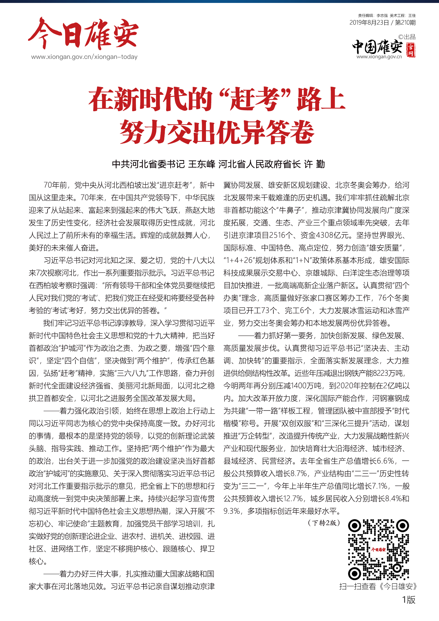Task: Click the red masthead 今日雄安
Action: [x=83, y=34]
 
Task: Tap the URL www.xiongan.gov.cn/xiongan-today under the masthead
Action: [x=84, y=57]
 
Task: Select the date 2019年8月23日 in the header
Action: [x=369, y=23]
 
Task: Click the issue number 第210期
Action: [x=405, y=23]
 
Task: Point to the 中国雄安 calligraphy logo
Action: [x=377, y=47]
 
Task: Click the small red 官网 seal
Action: [x=411, y=50]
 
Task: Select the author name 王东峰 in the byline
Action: [x=201, y=164]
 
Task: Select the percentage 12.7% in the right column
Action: [x=293, y=499]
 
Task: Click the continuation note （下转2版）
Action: [x=324, y=523]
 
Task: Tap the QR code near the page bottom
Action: [x=378, y=550]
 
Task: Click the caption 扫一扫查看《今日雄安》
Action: [x=378, y=586]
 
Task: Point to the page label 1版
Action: [x=408, y=600]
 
